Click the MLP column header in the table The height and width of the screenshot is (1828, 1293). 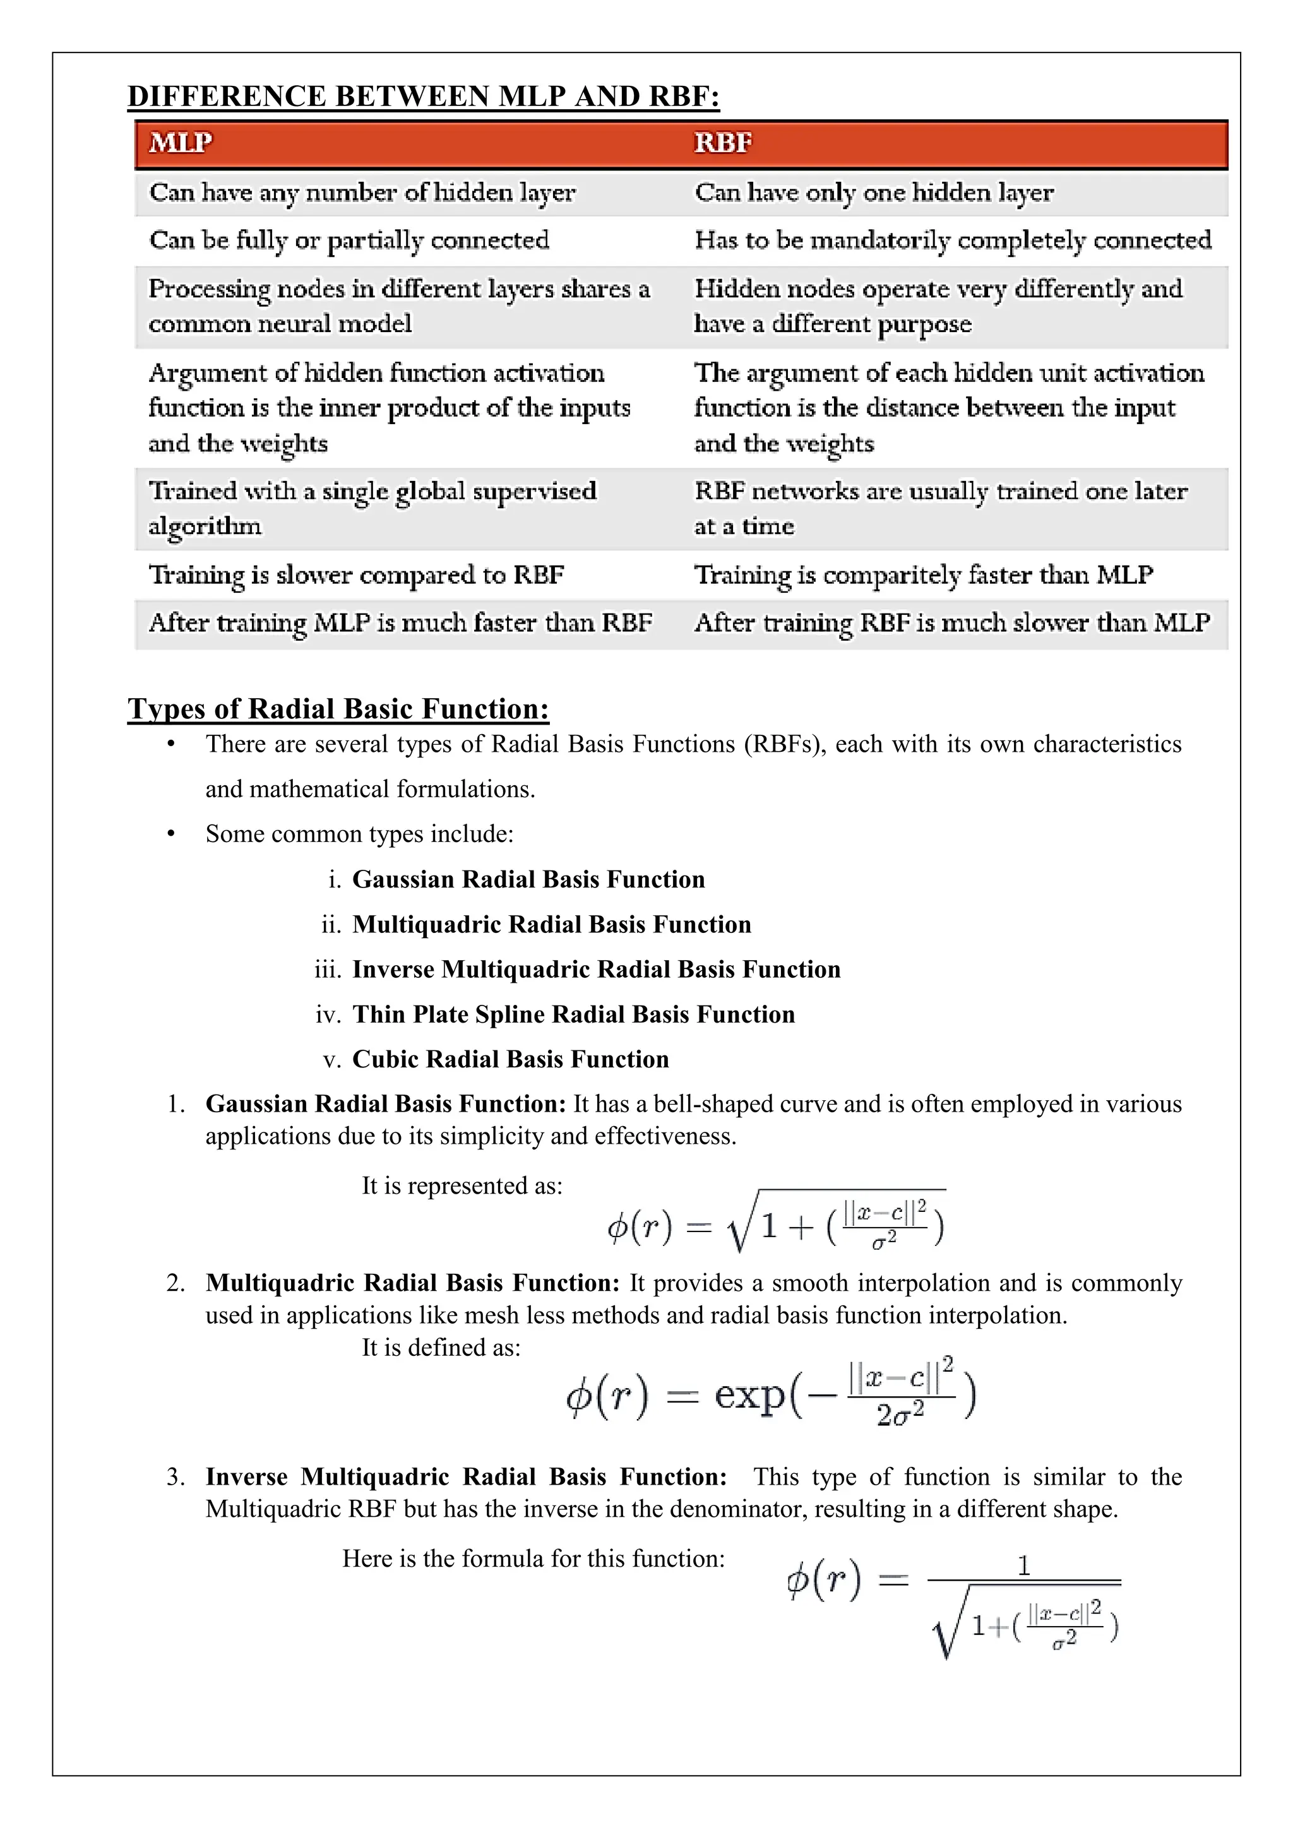coord(181,143)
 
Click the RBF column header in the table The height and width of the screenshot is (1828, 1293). coord(722,143)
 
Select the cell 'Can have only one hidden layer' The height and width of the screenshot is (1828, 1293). coord(873,193)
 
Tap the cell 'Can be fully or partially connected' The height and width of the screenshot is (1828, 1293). coord(349,240)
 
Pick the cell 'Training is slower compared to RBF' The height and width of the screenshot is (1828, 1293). coord(356,575)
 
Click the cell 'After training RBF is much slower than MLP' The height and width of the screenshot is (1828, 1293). coord(951,622)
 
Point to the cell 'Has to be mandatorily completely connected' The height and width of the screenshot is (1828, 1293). coord(952,240)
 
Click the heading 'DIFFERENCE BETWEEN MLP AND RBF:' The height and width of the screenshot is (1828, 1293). coord(424,97)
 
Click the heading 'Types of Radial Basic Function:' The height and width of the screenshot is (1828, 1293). coord(338,709)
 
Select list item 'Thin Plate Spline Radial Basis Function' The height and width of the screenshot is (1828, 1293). coord(573,1014)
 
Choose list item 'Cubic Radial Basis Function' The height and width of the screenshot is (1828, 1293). coord(510,1059)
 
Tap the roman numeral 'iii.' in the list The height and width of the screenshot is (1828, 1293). coord(328,970)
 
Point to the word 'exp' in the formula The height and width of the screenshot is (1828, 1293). coord(748,1395)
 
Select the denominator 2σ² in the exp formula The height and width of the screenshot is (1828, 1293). coord(900,1415)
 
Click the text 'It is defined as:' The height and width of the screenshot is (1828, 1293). coord(441,1347)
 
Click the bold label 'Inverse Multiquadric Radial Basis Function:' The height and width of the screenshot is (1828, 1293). coord(466,1477)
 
